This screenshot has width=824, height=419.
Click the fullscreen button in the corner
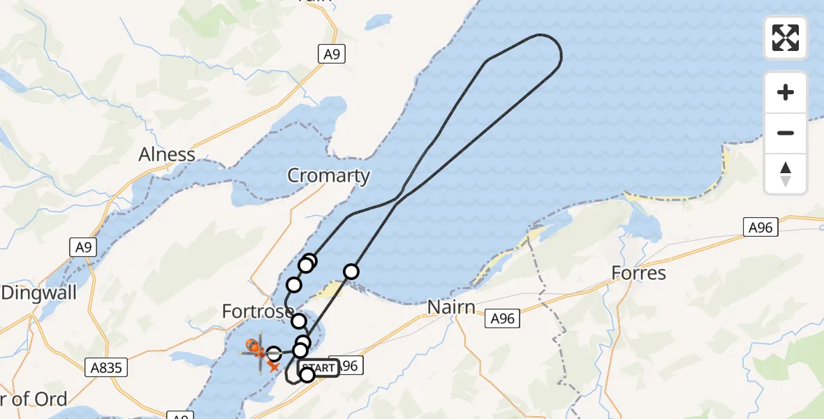[786, 37]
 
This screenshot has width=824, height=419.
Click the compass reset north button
[786, 174]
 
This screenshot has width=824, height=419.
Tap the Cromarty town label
[328, 175]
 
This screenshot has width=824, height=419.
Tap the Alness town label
[167, 154]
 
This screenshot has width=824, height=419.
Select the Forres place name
[638, 272]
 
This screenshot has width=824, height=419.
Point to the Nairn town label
[451, 307]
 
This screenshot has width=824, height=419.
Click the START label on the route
[318, 367]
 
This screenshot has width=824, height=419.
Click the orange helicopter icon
[256, 346]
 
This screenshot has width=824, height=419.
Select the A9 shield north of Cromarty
[332, 54]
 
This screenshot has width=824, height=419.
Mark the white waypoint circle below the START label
[307, 376]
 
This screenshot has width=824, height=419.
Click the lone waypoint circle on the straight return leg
[351, 271]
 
